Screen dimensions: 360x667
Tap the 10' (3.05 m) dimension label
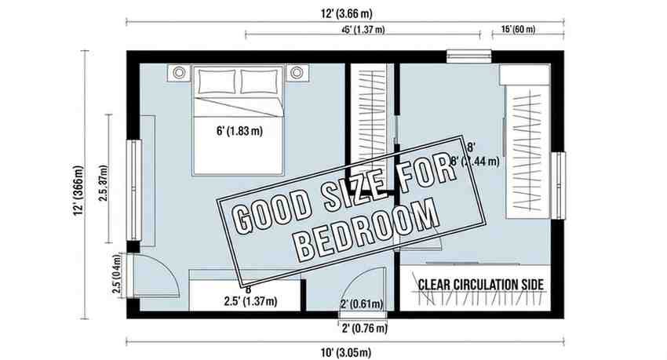click(344, 351)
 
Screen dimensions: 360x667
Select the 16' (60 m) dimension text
click(519, 29)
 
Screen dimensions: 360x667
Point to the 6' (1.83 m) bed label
click(238, 131)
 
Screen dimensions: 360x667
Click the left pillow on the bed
click(216, 81)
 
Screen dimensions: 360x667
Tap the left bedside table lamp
click(180, 73)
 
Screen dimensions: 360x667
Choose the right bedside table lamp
click(297, 73)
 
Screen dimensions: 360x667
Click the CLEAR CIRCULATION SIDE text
click(482, 284)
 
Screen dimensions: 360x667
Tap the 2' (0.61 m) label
click(361, 304)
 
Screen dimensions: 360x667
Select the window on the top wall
click(468, 55)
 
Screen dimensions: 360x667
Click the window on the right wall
click(559, 185)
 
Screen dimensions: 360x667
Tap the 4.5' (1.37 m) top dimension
click(363, 30)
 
